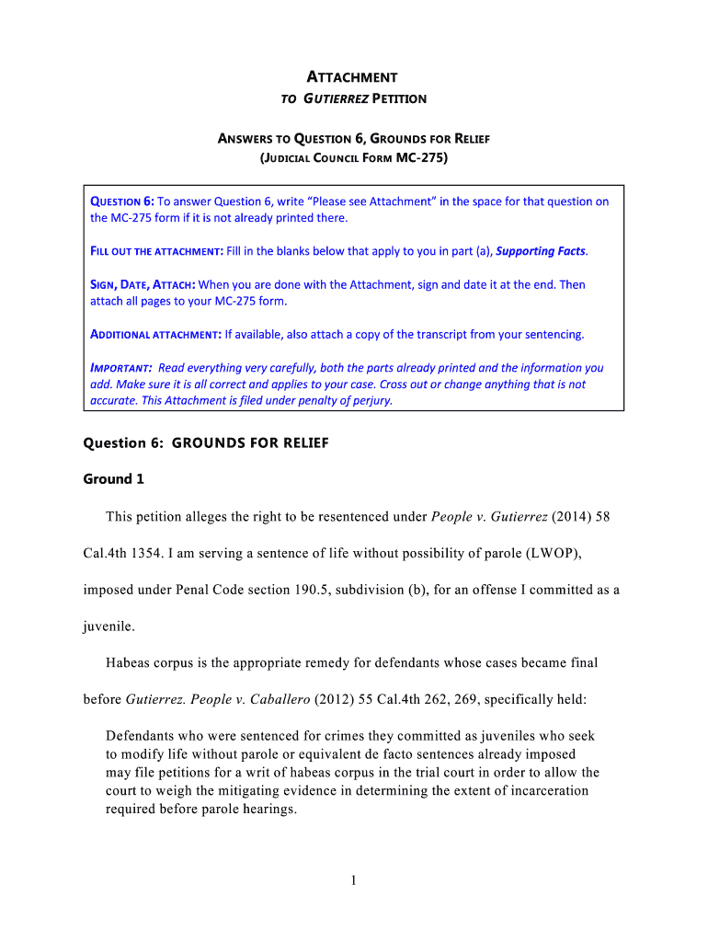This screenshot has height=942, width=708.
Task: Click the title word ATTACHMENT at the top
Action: point(353,77)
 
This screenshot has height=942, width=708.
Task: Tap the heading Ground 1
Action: point(114,478)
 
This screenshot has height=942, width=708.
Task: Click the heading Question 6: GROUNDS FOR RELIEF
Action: point(206,443)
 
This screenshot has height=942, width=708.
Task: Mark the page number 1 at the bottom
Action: point(353,880)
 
